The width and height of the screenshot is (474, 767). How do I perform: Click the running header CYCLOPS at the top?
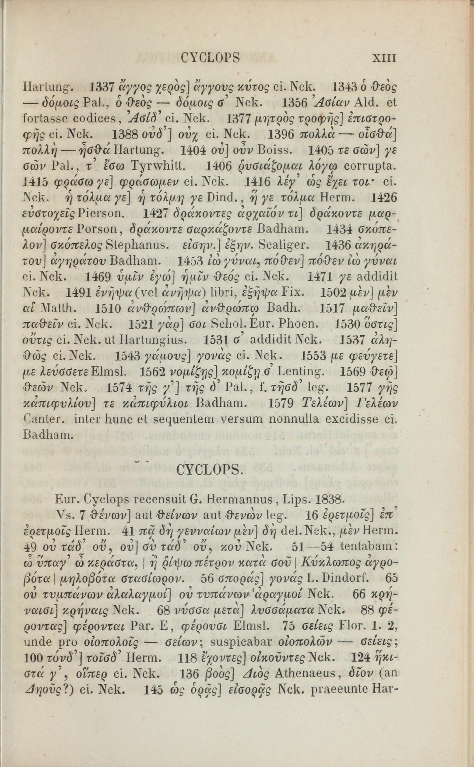pyautogui.click(x=211, y=58)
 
